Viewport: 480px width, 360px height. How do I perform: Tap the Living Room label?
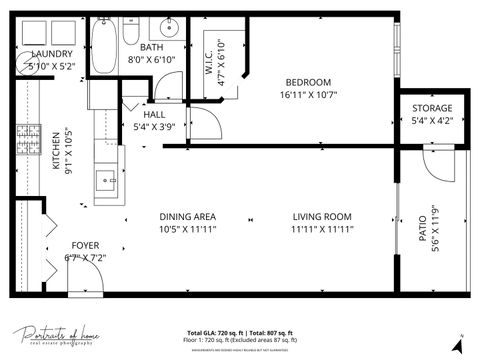pos(322,216)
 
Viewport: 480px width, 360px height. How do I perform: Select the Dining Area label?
pos(189,216)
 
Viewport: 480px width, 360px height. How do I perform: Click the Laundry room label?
pos(51,54)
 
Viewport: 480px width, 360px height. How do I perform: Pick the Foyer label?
pos(84,245)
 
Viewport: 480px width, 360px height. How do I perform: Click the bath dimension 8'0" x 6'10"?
pos(152,60)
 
